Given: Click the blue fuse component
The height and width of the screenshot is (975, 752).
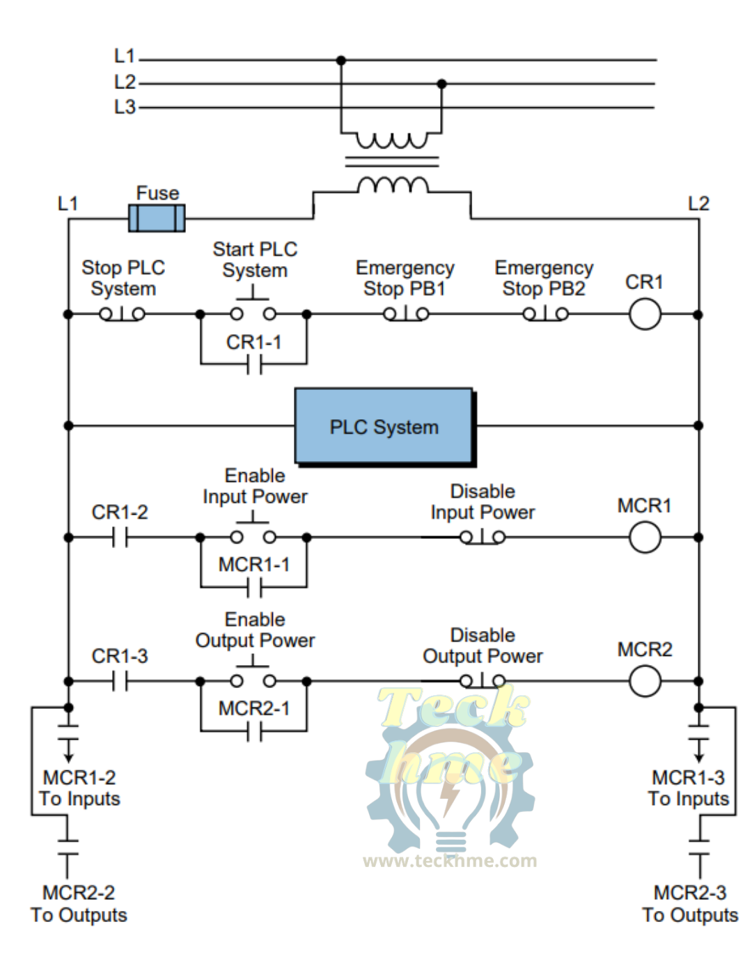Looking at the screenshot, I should click(x=157, y=218).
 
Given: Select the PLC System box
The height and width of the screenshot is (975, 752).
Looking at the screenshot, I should click(x=384, y=427).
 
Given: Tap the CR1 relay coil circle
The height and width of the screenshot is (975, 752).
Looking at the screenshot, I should click(x=645, y=314).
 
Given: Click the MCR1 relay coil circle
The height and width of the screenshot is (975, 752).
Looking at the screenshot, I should click(x=645, y=538).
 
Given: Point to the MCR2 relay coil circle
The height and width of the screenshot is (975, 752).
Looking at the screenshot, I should click(x=645, y=681).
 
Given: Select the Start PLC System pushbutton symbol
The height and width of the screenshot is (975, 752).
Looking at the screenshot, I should click(x=253, y=309).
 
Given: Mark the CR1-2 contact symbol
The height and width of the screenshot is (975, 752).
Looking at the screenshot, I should click(x=120, y=538).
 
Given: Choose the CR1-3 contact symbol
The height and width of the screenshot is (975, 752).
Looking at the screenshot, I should click(x=120, y=681).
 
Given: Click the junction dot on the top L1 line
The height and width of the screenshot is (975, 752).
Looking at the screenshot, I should click(x=341, y=61).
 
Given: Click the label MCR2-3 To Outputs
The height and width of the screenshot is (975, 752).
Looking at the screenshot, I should click(x=690, y=904).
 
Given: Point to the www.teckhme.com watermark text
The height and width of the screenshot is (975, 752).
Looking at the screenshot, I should click(x=450, y=861).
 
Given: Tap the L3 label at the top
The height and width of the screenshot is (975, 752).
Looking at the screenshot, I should click(x=125, y=107).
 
